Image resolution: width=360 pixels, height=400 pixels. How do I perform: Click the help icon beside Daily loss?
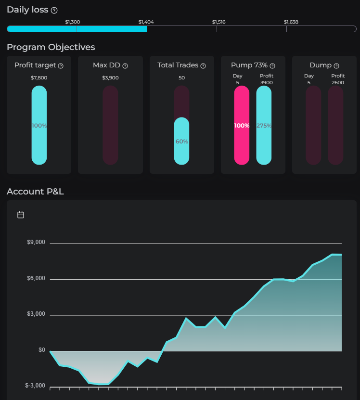[54, 10]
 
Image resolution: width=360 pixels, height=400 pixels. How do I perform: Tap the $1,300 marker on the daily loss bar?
[73, 22]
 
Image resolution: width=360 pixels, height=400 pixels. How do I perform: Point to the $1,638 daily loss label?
[291, 22]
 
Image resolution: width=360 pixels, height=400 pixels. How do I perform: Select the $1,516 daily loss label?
[219, 22]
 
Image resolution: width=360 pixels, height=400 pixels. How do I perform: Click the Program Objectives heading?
[51, 47]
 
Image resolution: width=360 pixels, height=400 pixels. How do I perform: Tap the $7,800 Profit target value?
[39, 77]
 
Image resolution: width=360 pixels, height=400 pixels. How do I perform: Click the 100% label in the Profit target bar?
[39, 126]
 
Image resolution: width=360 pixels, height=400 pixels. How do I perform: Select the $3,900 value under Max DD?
[110, 77]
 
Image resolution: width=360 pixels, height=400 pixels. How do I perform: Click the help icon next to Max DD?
[125, 66]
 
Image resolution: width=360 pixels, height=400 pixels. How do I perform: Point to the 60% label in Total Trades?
[181, 142]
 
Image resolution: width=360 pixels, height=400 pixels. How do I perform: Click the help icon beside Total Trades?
[203, 66]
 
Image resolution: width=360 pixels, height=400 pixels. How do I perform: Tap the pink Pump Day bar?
[242, 126]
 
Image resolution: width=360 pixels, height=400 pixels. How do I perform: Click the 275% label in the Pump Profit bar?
[264, 126]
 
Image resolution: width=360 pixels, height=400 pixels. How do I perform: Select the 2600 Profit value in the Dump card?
[338, 82]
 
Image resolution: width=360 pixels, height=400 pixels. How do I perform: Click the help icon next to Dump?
[336, 66]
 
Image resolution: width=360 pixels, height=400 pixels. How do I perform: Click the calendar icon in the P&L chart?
[21, 215]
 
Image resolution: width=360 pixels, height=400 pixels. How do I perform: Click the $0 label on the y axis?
[42, 350]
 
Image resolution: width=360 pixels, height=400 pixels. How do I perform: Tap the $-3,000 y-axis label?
[35, 386]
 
